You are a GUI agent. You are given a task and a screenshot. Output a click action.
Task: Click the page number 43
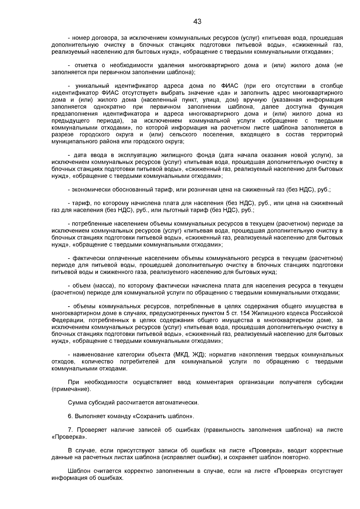point(197,22)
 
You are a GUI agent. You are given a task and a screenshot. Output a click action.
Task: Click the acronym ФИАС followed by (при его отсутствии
point(229,86)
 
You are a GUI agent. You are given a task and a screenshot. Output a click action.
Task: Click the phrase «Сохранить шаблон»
point(163,417)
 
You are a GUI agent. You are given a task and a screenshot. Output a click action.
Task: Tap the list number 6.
point(70,417)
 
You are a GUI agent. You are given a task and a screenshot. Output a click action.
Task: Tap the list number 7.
point(70,430)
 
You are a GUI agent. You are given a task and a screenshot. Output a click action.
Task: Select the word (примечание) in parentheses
point(71,389)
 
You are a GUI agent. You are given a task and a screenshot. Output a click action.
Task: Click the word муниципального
point(73,141)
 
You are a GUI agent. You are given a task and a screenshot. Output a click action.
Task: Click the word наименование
point(91,355)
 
